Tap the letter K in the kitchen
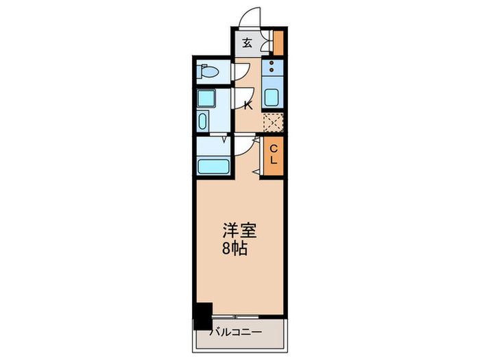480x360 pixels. [249, 106]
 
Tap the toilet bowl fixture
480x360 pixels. [207, 71]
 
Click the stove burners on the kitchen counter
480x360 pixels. [272, 68]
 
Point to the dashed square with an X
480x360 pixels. [273, 122]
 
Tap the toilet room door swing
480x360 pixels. [239, 71]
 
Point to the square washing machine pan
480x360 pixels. [206, 98]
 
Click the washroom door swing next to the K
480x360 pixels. [241, 98]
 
